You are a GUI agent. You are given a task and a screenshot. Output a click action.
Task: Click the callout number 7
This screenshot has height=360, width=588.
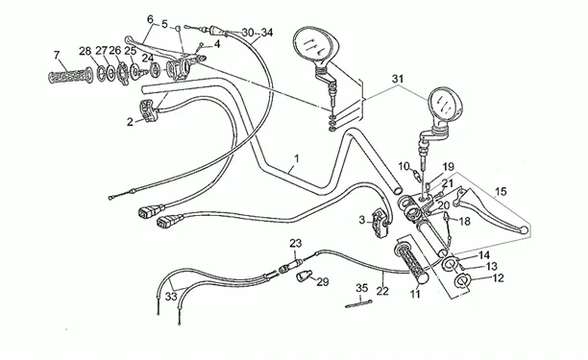pos(57,56)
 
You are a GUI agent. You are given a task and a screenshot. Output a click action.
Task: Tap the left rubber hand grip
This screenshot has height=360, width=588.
pos(70,76)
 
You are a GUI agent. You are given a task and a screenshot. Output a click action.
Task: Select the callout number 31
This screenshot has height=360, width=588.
pos(398,79)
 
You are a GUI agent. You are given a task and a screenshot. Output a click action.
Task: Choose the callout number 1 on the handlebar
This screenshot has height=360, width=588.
pos(297,158)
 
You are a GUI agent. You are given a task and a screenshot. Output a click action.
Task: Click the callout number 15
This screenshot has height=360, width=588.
pos(501,191)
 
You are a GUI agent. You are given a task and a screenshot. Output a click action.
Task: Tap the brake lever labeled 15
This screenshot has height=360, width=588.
pos(491,209)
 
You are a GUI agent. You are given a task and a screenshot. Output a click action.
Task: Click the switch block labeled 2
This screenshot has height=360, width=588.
pos(149,109)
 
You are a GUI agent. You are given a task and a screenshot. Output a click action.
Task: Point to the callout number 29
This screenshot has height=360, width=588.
pos(323,281)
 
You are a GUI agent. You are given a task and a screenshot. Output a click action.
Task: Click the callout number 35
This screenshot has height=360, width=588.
pos(362,288)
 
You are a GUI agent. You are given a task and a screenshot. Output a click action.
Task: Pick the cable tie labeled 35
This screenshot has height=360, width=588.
pos(358,304)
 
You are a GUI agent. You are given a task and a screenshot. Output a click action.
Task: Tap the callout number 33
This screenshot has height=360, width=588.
pos(171,297)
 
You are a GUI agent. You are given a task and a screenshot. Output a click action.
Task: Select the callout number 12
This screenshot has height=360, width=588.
pos(498,278)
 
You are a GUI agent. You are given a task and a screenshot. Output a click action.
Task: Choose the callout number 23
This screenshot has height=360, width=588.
pos(296,244)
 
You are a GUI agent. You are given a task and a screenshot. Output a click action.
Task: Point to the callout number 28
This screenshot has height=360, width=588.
pos(86,51)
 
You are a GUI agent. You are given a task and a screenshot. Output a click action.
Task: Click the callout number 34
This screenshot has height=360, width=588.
pos(267,33)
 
